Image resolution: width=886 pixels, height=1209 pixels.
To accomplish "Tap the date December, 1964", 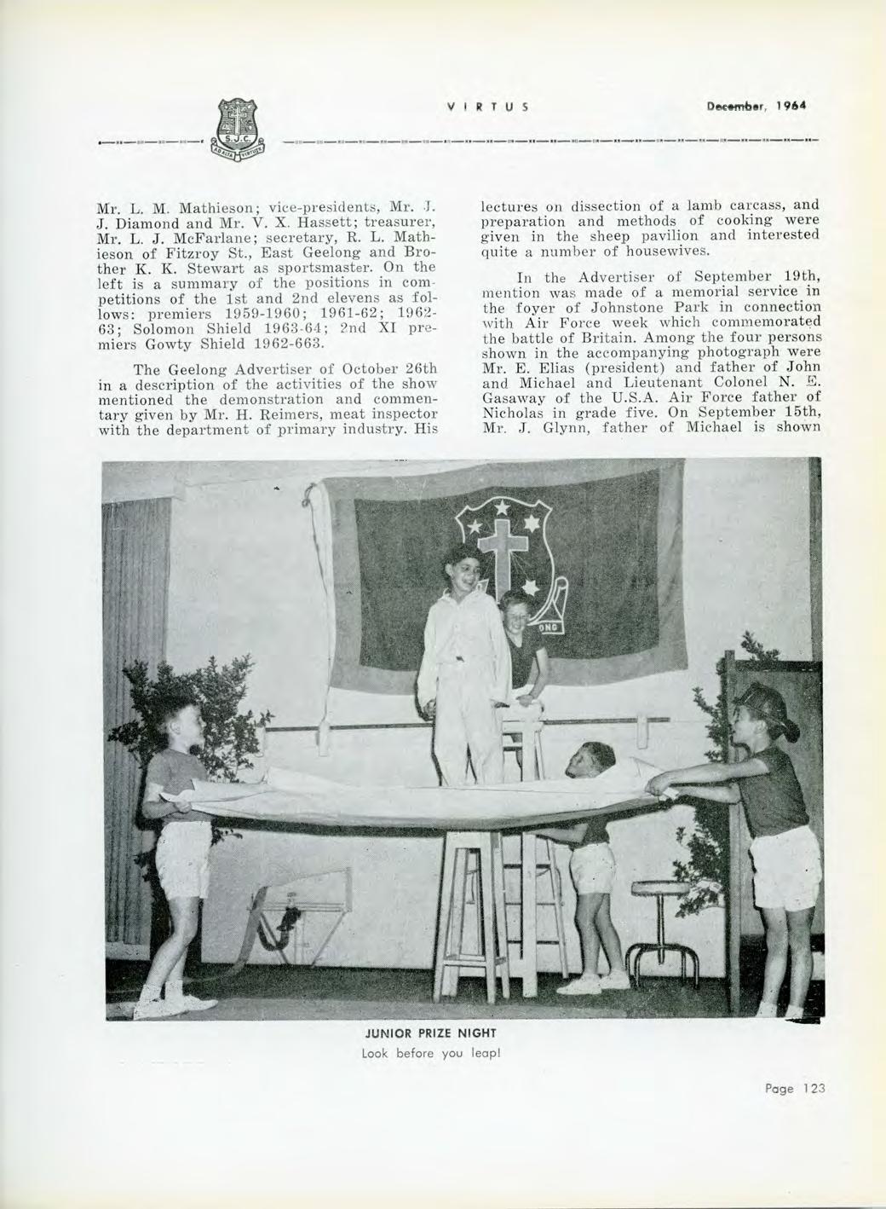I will point(753,107).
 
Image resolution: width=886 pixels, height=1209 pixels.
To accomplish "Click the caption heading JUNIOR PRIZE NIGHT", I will point(442,1033).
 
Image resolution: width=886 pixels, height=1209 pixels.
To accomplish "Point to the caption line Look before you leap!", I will point(442,1053).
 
